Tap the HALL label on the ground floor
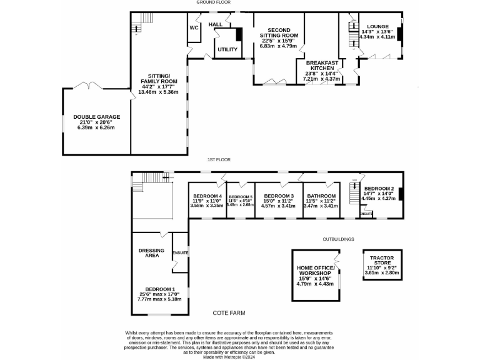[x=216, y=24]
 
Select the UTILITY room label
[x=227, y=49]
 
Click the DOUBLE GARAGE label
[x=96, y=117]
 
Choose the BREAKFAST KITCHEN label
[x=322, y=66]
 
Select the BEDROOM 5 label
[x=241, y=196]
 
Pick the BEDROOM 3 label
[x=278, y=196]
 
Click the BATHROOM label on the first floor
[x=321, y=196]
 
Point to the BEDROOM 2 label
[x=379, y=189]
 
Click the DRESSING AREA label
[x=151, y=252]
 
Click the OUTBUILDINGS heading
[x=339, y=239]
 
